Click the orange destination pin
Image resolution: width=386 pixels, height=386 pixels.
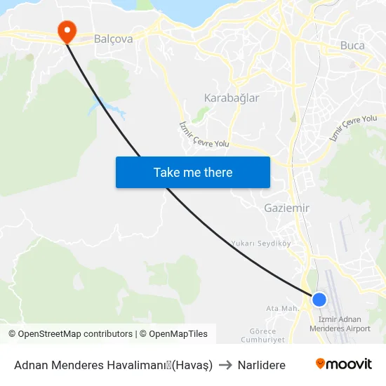point(67,29)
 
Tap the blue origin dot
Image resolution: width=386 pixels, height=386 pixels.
point(319,300)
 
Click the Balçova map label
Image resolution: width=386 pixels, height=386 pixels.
point(113,39)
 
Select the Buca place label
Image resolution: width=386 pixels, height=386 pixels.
point(352,46)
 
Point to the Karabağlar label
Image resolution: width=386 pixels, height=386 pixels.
point(231,98)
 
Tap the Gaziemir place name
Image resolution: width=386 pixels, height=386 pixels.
point(286,208)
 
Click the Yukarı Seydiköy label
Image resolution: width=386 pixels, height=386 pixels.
point(260,244)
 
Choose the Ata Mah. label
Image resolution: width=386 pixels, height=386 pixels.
point(282,308)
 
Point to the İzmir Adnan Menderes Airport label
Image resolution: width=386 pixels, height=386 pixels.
point(340,324)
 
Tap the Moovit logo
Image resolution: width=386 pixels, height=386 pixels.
point(343,364)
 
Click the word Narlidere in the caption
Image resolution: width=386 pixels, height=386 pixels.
point(261,365)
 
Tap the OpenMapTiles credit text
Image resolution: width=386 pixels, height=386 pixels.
point(176,334)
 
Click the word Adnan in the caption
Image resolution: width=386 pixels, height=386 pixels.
point(30,365)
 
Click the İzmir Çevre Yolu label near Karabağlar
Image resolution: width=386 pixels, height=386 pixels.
point(204,134)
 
